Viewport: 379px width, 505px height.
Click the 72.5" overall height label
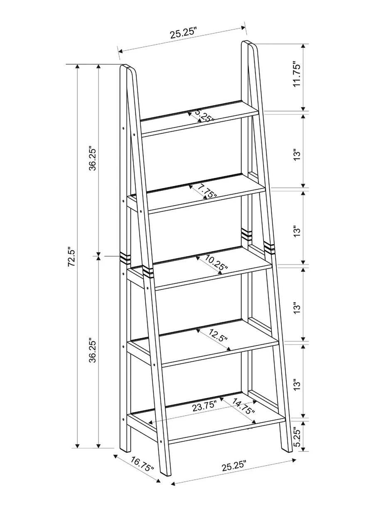[71, 257]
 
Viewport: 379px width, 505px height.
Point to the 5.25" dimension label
[297, 437]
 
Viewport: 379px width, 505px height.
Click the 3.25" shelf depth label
[204, 116]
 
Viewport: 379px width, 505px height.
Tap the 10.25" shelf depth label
[216, 265]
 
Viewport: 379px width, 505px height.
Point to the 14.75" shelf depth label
[243, 407]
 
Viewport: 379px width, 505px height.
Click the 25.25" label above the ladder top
[183, 33]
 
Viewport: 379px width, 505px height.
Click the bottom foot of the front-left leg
[165, 471]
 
